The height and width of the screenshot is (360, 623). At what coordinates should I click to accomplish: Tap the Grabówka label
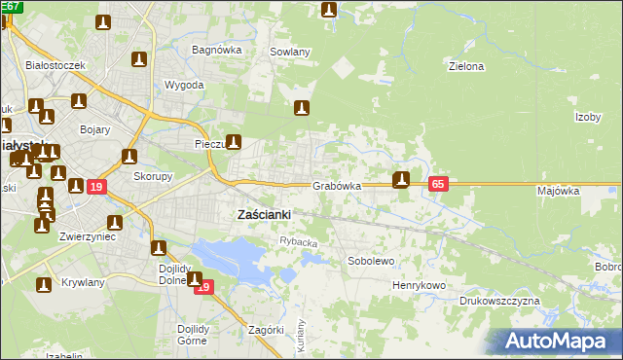click(338, 185)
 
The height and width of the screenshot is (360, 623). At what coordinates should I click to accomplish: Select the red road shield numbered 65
click(438, 184)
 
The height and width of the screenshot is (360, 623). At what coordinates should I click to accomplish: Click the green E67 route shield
click(11, 6)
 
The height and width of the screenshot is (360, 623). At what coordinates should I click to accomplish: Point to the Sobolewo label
click(371, 262)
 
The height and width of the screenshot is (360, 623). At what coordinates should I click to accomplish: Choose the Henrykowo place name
click(419, 286)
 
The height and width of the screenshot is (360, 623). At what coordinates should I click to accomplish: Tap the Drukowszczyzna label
click(499, 302)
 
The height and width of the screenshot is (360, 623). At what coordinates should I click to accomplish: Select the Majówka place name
click(558, 192)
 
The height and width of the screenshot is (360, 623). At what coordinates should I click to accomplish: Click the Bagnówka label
click(216, 50)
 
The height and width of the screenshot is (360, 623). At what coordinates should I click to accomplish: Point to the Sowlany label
click(290, 53)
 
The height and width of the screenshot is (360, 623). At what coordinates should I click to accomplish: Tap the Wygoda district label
click(185, 86)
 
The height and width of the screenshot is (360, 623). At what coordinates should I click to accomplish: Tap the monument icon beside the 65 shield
click(400, 179)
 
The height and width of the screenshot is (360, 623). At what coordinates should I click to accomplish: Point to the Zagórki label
click(266, 330)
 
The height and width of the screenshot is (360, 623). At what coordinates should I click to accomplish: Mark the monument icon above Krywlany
click(44, 285)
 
